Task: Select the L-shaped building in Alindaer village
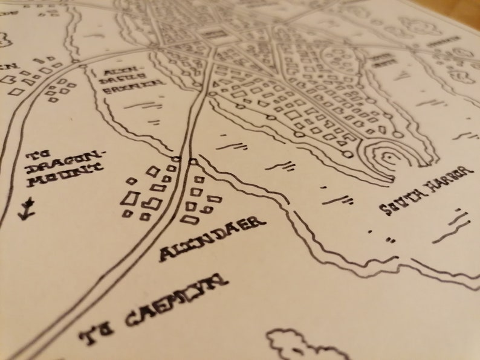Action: click(x=133, y=199)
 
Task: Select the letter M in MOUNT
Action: click(x=37, y=180)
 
